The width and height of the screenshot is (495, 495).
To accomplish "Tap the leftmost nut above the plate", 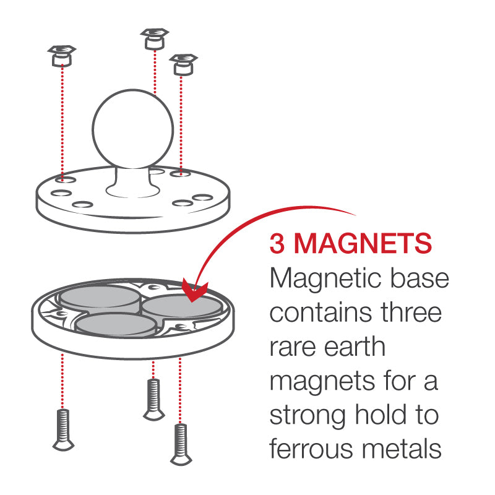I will point(61,56).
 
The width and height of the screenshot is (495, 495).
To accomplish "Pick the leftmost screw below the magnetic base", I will point(61,428).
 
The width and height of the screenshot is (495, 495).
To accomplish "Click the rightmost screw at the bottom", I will point(180,443).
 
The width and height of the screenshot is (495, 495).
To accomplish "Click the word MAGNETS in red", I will point(361,244).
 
